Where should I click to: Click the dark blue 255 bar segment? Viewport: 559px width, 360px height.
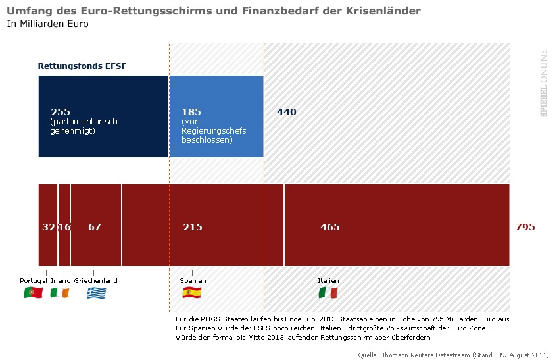[x=103, y=116]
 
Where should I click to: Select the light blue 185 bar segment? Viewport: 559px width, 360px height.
[x=216, y=116]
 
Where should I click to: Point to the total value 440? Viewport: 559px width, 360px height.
[x=287, y=112]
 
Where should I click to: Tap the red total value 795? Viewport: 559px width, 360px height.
[x=525, y=227]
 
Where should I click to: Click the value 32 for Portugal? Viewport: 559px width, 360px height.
[x=49, y=227]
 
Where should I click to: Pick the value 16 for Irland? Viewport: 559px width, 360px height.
[x=64, y=227]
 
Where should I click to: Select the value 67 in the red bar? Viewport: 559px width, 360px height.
[x=95, y=227]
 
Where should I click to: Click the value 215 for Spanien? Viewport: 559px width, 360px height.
[x=193, y=227]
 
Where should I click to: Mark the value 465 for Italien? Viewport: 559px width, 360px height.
[x=330, y=227]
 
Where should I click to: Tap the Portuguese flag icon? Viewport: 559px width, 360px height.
[x=33, y=293]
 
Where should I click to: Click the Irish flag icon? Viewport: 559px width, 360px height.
[x=59, y=293]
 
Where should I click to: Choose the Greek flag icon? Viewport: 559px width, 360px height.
[x=96, y=293]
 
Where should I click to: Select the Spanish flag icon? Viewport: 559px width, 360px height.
[x=192, y=293]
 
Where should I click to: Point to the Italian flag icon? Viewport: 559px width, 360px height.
[x=328, y=293]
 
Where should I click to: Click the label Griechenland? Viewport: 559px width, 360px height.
[x=96, y=280]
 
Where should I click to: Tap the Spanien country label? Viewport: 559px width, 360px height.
[x=193, y=280]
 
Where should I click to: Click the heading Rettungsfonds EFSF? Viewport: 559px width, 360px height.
[x=82, y=67]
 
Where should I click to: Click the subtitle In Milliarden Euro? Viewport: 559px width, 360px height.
[x=47, y=24]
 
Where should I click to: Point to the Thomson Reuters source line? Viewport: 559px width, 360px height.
[x=453, y=355]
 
